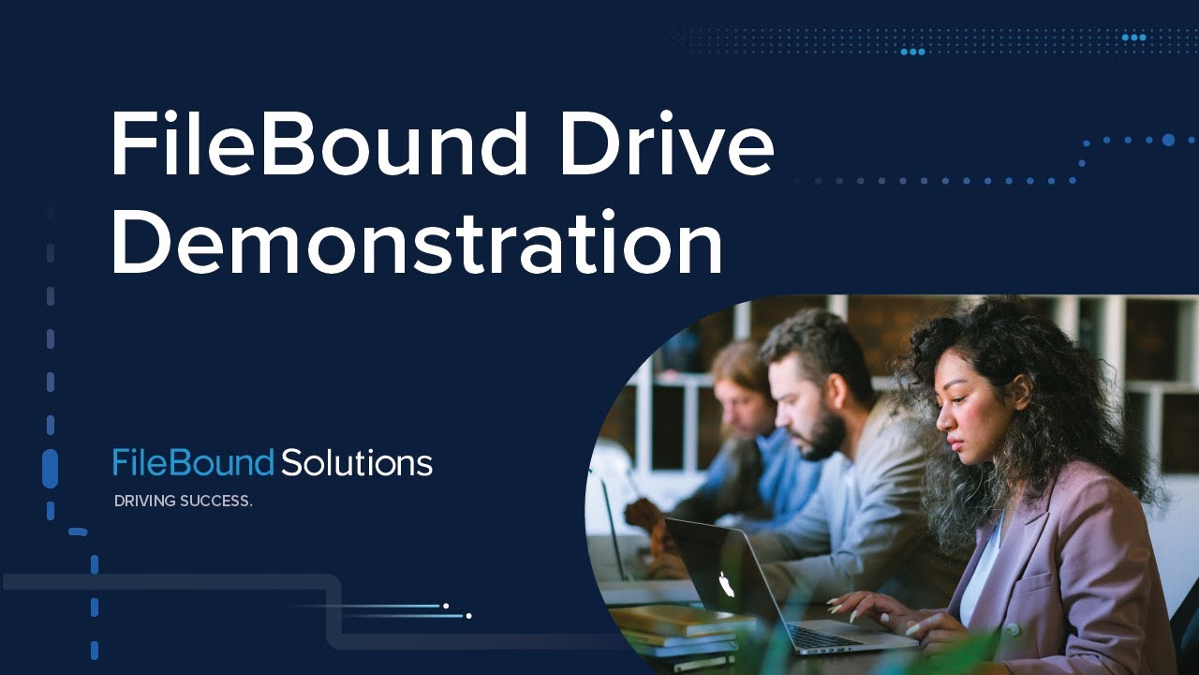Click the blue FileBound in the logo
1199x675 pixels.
tap(193, 462)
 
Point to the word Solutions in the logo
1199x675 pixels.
tap(357, 462)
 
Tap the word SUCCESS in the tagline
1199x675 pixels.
tap(219, 502)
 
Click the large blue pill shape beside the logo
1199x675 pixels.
tap(51, 468)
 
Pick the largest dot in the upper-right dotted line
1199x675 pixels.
tap(1168, 140)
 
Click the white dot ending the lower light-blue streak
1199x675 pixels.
tap(468, 616)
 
